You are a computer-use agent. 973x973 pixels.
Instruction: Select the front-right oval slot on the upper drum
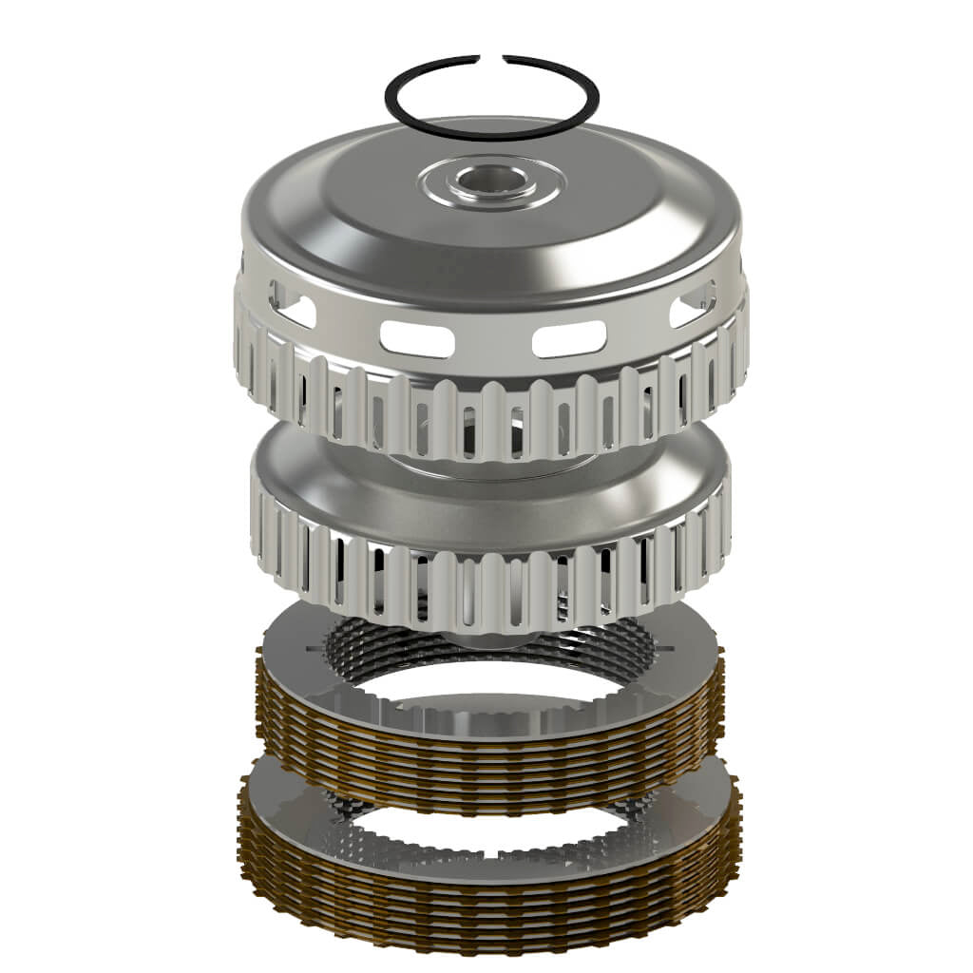(x=568, y=338)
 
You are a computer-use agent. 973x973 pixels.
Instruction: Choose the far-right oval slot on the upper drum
(x=692, y=309)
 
